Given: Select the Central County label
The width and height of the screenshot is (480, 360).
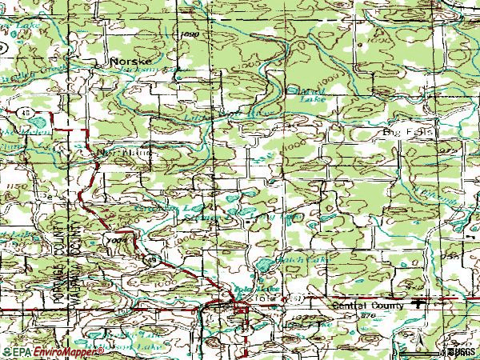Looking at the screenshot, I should (369, 305).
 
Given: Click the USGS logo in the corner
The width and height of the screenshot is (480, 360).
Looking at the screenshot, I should (459, 351).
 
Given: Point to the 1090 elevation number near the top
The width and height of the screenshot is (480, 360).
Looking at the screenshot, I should (190, 35).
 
